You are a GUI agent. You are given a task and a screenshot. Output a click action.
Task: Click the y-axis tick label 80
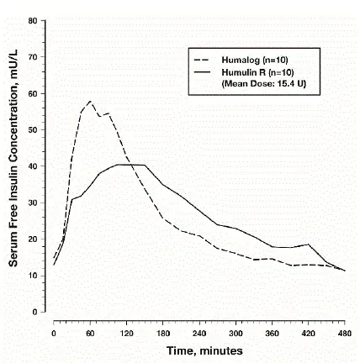[32, 21]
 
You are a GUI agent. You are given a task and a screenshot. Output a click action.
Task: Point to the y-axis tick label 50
[32, 130]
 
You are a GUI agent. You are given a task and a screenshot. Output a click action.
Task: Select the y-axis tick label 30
[32, 203]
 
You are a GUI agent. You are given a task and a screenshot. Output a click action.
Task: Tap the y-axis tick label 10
[32, 276]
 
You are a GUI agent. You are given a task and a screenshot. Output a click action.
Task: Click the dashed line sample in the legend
[203, 60]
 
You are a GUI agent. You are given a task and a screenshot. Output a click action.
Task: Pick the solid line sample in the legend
[203, 72]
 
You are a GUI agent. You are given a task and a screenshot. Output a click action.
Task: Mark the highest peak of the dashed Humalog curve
[90, 102]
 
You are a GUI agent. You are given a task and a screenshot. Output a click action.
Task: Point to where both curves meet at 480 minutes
[345, 271]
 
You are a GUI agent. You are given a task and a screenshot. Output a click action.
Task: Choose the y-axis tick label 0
[34, 312]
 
